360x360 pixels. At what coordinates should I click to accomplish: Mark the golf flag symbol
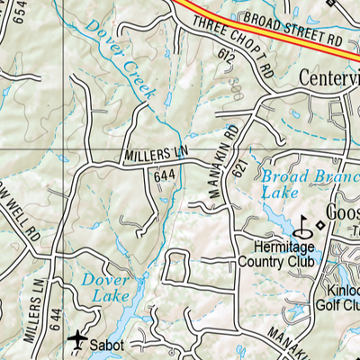[306, 223]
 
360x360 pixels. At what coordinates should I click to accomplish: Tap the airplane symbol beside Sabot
[78, 340]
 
